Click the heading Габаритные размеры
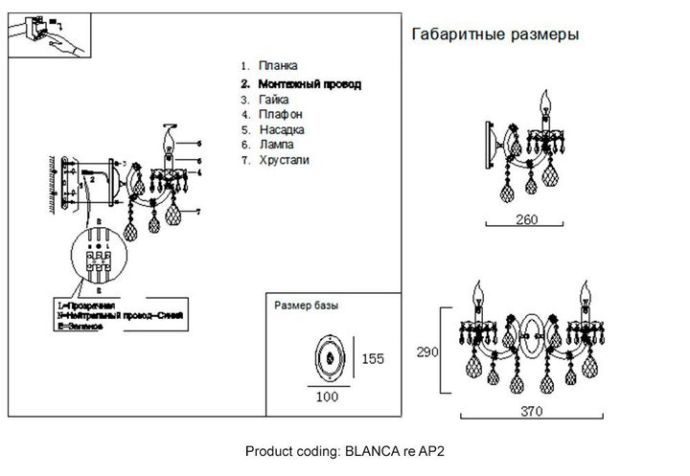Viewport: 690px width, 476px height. pos(494,34)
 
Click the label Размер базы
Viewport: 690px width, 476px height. pos(307,306)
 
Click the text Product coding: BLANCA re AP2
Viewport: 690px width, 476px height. pos(346,450)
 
